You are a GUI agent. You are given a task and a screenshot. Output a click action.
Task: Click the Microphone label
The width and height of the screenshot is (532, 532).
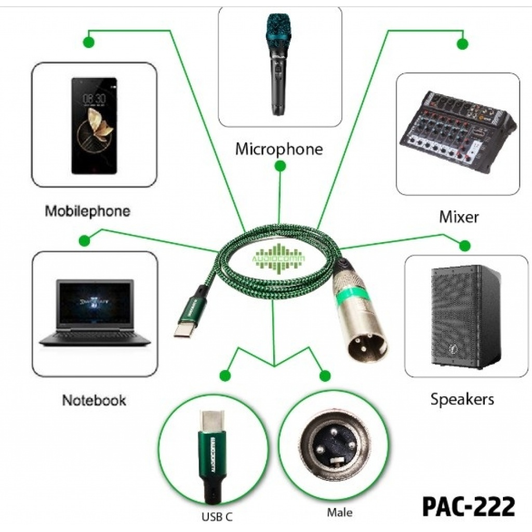point(279,149)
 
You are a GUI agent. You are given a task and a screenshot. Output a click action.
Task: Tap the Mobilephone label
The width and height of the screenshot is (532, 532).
point(87,211)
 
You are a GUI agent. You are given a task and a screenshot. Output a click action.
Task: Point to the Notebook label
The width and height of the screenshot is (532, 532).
point(94,400)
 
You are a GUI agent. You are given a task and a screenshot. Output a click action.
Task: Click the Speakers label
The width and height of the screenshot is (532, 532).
point(462,399)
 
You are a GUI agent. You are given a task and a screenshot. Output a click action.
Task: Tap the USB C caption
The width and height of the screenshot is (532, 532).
point(217,517)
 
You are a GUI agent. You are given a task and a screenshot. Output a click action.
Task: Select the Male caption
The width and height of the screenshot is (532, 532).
point(339,513)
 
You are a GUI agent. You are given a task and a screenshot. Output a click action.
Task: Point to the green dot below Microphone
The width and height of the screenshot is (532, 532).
point(280,166)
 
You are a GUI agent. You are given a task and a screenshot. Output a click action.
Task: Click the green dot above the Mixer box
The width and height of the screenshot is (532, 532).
point(462,44)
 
